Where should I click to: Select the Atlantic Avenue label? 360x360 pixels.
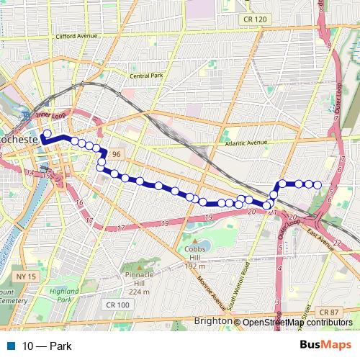point(247,143)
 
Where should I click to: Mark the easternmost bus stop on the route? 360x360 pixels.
point(317,185)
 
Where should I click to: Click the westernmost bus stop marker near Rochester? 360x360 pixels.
point(46,133)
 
